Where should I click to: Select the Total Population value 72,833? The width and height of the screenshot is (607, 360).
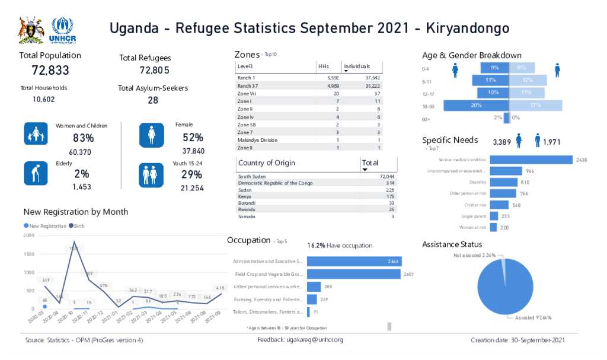[50, 71]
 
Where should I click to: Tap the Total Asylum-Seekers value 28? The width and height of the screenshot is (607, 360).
[153, 100]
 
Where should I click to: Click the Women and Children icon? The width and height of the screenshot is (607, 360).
[36, 134]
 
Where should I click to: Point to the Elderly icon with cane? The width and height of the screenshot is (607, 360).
[36, 173]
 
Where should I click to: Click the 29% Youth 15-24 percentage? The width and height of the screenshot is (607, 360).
[192, 174]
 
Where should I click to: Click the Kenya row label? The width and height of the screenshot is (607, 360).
[245, 196]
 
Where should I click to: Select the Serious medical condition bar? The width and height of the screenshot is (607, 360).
[531, 160]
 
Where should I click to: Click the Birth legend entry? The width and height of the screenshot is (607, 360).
[78, 226]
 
